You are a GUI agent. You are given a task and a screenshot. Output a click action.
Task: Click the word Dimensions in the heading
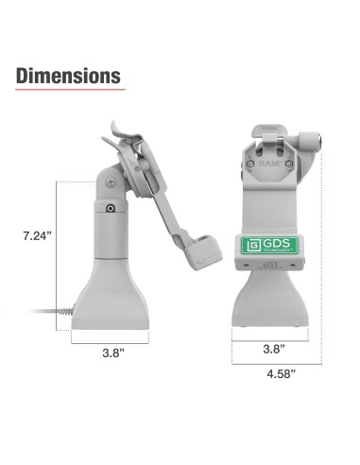tap(67, 75)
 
